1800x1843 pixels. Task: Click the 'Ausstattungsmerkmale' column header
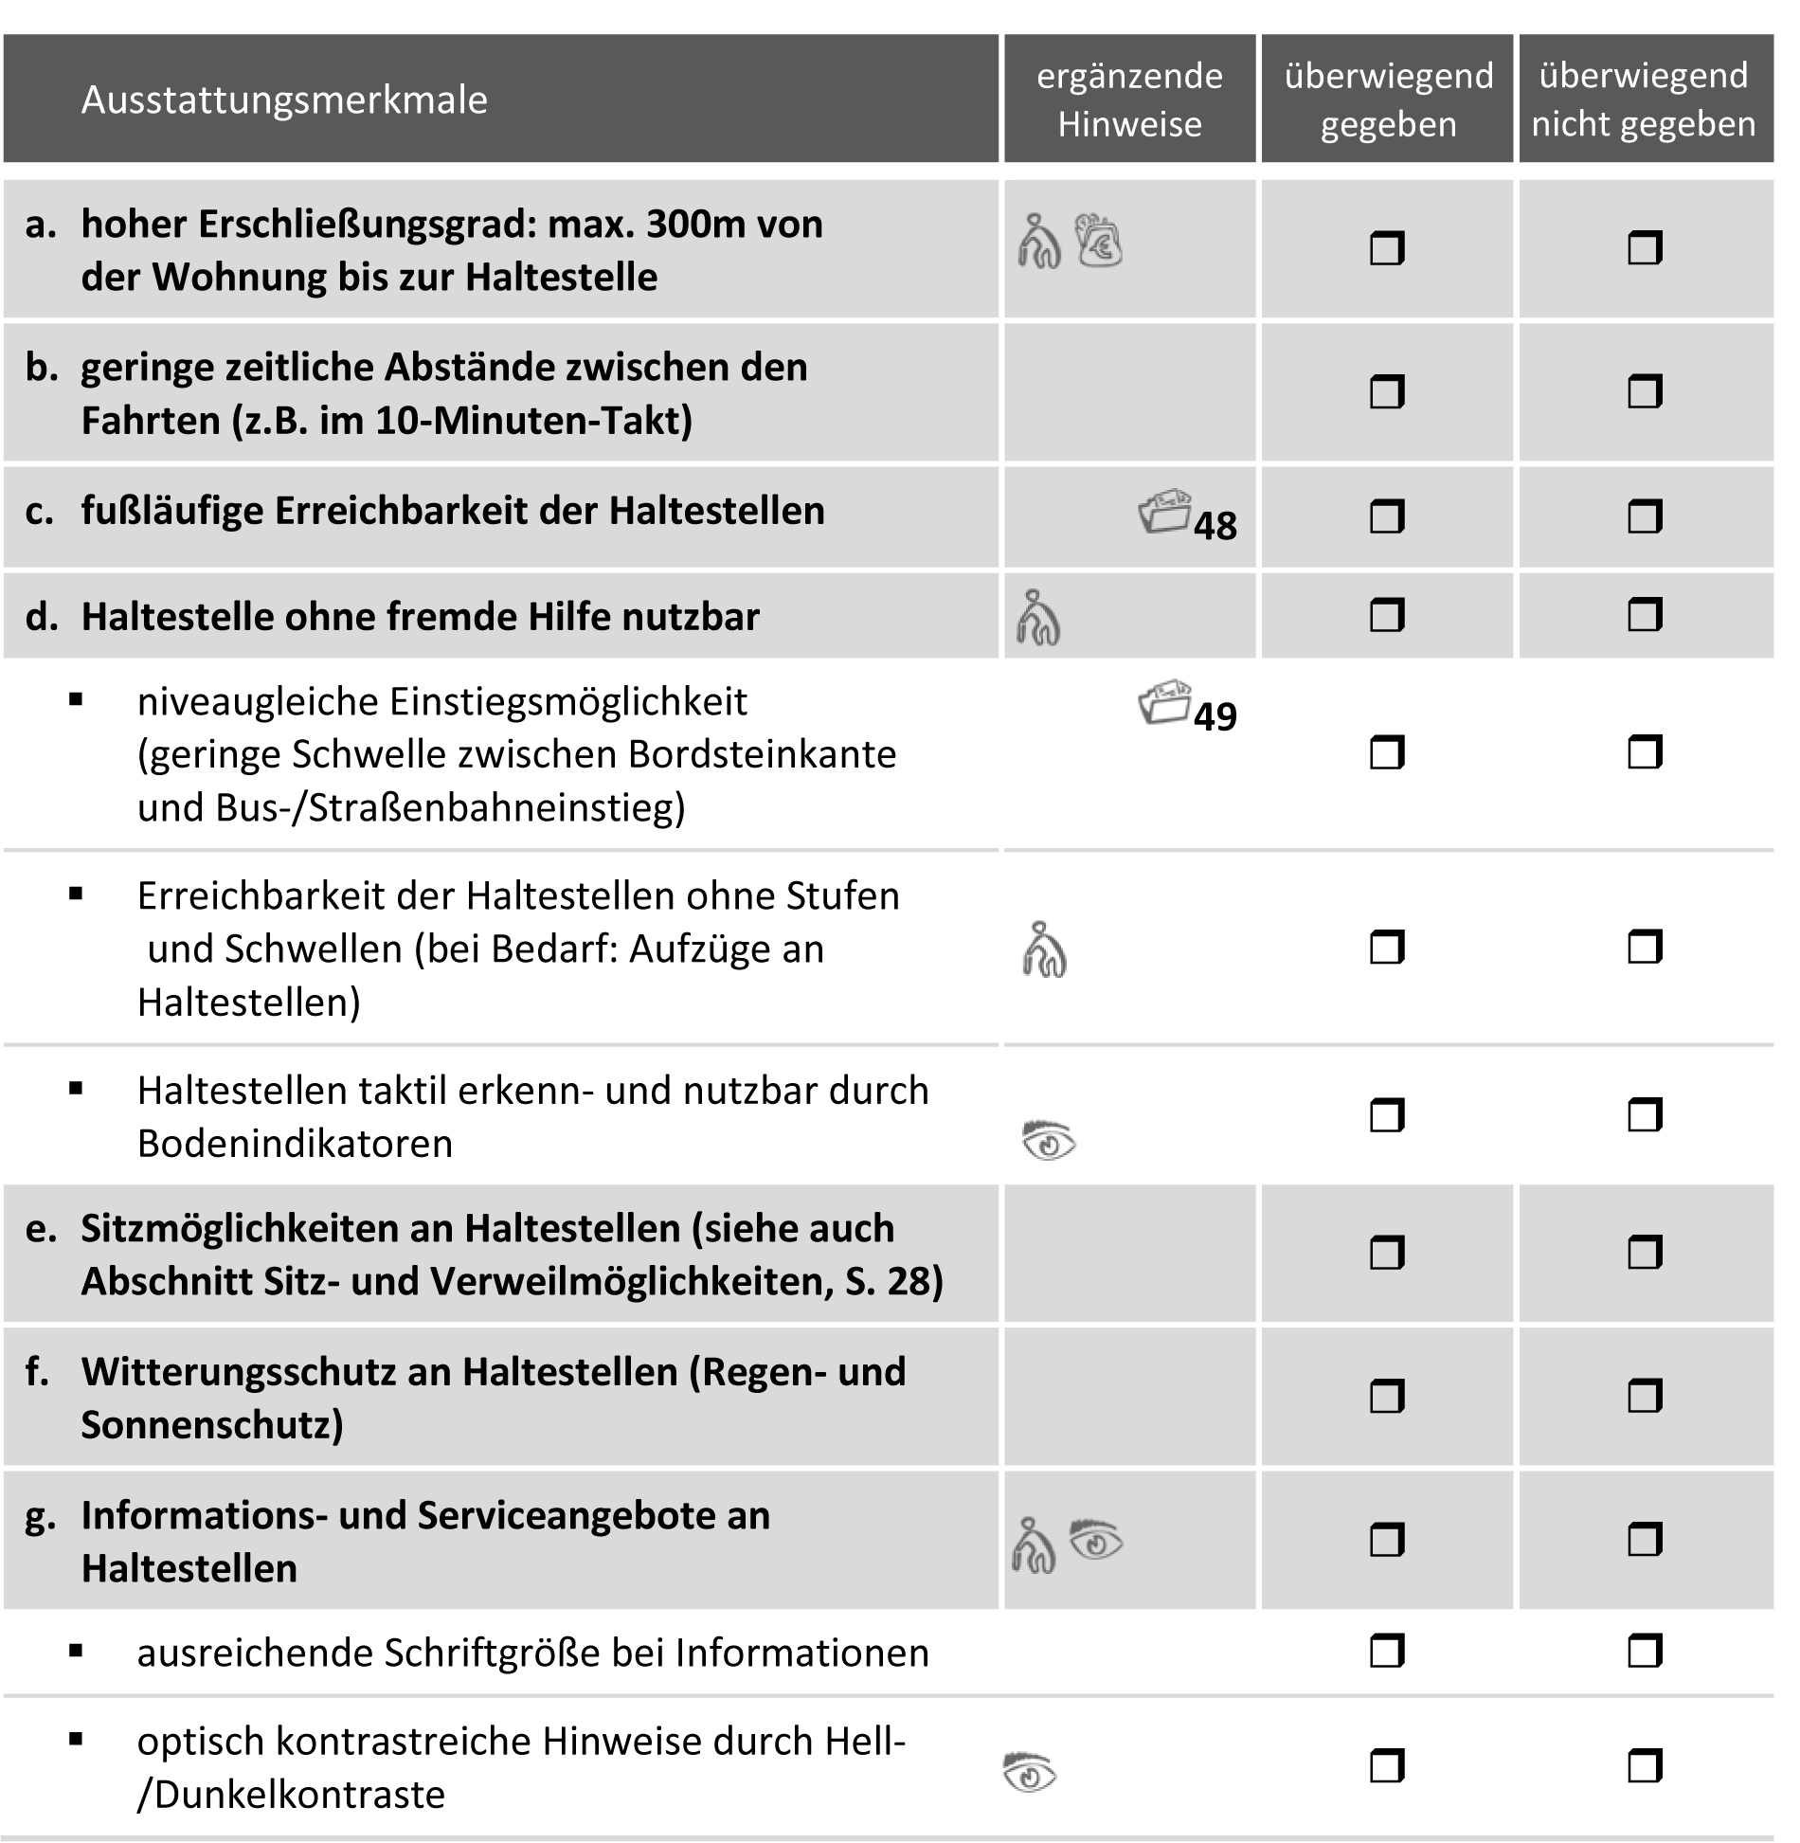tap(284, 100)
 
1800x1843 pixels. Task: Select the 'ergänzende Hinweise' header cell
tap(1129, 99)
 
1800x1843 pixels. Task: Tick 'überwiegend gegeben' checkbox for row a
tap(1387, 249)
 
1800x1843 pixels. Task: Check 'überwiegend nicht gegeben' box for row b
tap(1645, 391)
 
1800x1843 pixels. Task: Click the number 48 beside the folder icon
tap(1215, 526)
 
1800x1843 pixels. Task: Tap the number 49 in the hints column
tap(1215, 717)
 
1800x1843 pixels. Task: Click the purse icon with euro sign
tap(1099, 242)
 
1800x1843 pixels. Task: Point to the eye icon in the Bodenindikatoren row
tap(1049, 1141)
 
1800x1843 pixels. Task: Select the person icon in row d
tap(1038, 618)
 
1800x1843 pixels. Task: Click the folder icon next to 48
tap(1164, 512)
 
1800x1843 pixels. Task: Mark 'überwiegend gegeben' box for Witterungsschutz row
tap(1387, 1396)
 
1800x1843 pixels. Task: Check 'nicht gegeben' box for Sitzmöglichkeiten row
tap(1645, 1253)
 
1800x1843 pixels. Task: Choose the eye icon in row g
tap(1096, 1540)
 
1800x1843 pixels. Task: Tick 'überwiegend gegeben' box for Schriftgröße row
tap(1387, 1652)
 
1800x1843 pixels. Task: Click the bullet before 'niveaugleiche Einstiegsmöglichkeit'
tap(77, 701)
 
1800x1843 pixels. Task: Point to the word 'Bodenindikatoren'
tap(295, 1144)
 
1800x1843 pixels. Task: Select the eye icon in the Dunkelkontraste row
tap(1030, 1771)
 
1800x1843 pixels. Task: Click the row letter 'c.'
tap(40, 511)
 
